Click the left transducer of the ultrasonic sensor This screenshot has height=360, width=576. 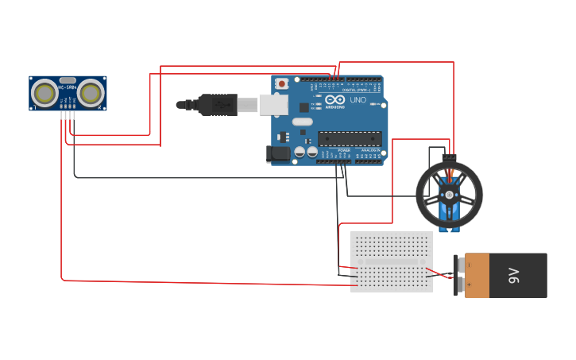pyautogui.click(x=44, y=93)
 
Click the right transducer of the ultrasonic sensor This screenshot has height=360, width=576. pyautogui.click(x=91, y=93)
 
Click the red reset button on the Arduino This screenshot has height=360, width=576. pyautogui.click(x=282, y=82)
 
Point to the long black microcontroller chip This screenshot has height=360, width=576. pyautogui.click(x=350, y=138)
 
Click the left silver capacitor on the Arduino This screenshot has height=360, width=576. pyautogui.click(x=300, y=151)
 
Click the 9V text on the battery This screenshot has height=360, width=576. pyautogui.click(x=513, y=276)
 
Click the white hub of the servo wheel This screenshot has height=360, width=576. pyautogui.click(x=449, y=194)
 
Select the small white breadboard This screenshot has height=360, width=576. pyautogui.click(x=392, y=261)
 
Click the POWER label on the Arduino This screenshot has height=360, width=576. pyautogui.click(x=344, y=149)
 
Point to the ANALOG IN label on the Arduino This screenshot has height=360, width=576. pyautogui.click(x=370, y=149)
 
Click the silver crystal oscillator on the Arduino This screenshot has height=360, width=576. pyautogui.click(x=302, y=122)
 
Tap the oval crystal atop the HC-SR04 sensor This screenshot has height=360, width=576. pyautogui.click(x=68, y=80)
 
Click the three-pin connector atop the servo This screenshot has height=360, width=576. pyautogui.click(x=450, y=157)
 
